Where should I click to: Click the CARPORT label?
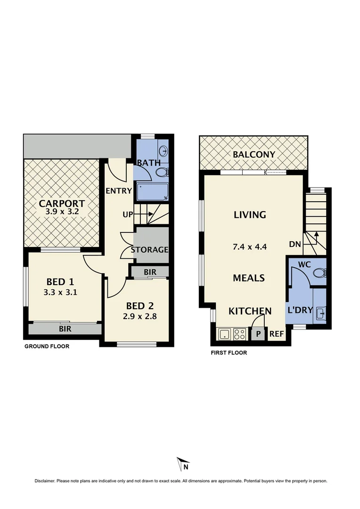62,204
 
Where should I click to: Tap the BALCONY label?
254,155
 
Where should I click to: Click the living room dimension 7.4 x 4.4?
250,246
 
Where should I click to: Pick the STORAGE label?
149,249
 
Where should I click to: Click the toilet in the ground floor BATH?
162,172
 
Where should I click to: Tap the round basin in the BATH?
163,151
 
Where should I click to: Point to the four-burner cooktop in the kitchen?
240,335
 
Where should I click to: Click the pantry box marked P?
258,334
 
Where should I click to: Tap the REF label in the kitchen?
276,334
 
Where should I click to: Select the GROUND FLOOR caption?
47,346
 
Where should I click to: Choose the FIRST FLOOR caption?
229,353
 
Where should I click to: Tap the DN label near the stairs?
295,245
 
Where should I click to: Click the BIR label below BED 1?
65,329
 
